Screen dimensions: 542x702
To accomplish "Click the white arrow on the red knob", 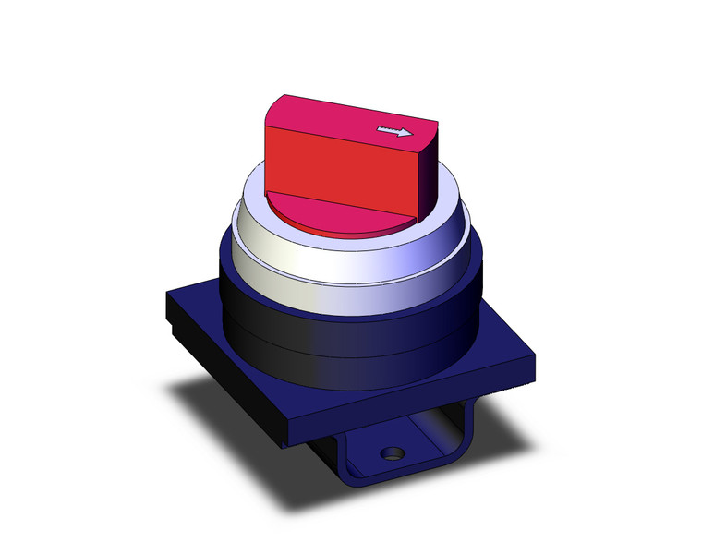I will point(395,132).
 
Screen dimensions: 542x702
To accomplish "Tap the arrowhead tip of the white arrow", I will point(411,133).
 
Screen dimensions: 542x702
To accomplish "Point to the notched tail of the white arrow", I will point(380,131).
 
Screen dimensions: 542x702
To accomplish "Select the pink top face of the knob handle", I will point(342,116).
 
